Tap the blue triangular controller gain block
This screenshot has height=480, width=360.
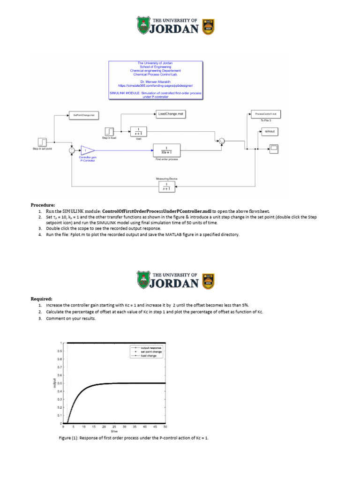[87, 150]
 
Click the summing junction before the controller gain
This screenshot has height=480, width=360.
[72, 150]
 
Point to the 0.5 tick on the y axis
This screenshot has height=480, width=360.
[59, 383]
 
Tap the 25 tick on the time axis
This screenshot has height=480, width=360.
[114, 427]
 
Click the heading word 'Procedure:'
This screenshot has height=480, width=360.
[43, 205]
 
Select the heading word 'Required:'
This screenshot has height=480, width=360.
[42, 299]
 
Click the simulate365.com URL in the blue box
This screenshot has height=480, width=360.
[156, 86]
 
